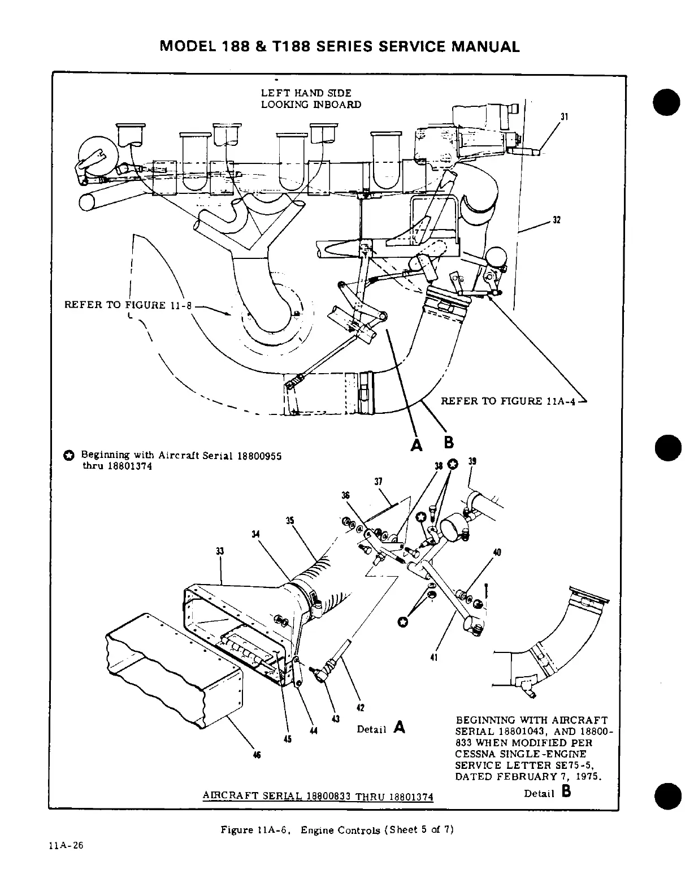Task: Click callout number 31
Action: click(563, 117)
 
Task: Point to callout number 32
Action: click(556, 220)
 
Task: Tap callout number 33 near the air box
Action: click(220, 551)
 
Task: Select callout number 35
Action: click(289, 520)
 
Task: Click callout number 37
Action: click(378, 482)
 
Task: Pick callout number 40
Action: click(497, 552)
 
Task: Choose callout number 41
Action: click(434, 657)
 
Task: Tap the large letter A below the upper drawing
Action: click(417, 445)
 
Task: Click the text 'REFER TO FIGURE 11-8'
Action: click(129, 305)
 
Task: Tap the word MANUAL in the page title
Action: click(485, 47)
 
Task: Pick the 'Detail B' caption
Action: click(548, 793)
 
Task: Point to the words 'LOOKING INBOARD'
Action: click(311, 105)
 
